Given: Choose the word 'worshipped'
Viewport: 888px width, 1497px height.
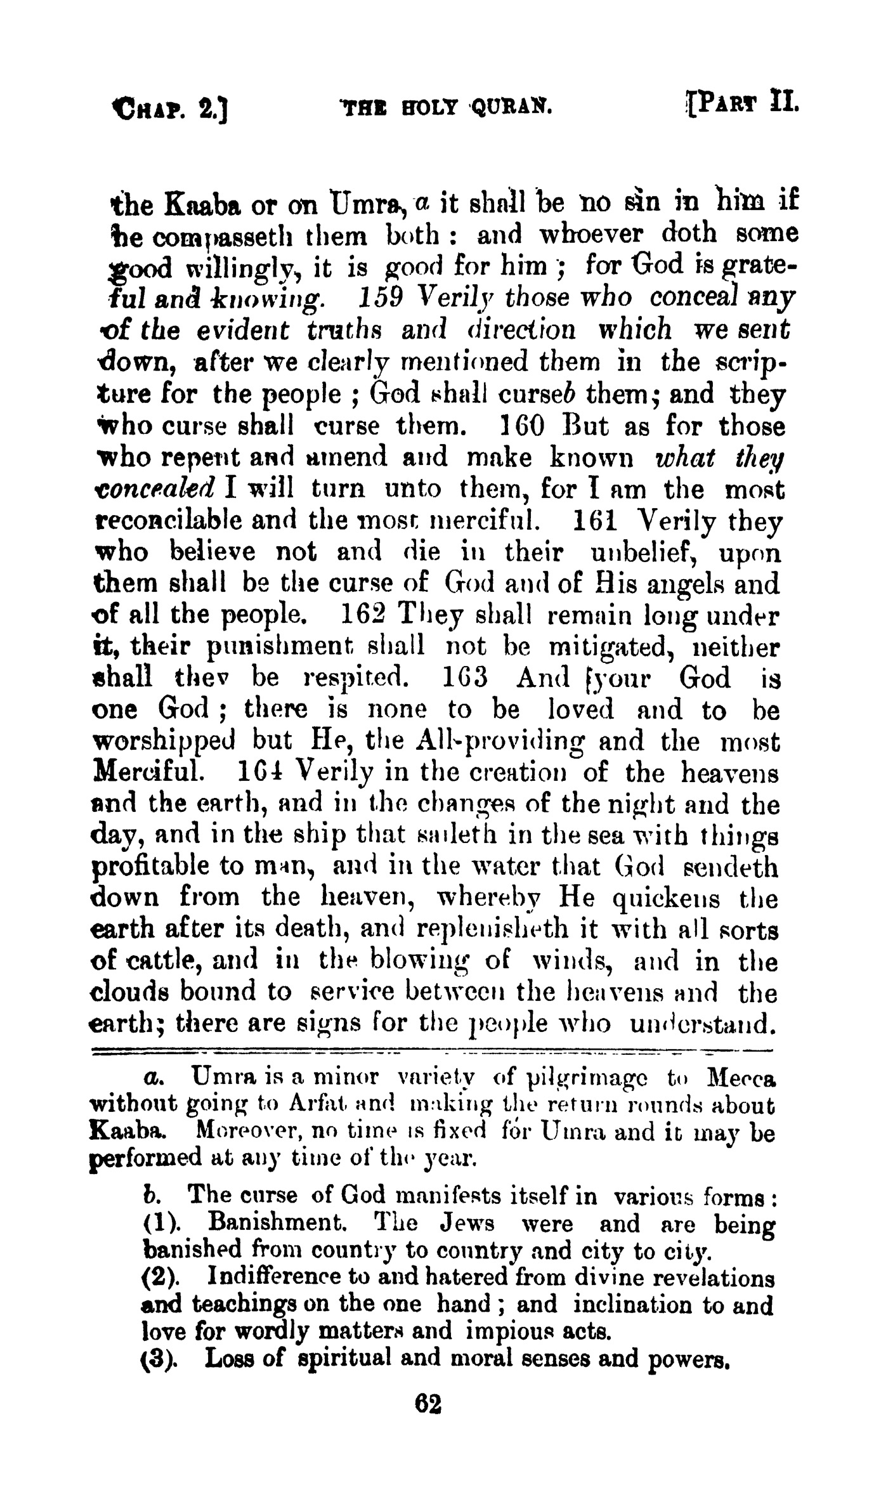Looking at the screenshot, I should click(x=165, y=742).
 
